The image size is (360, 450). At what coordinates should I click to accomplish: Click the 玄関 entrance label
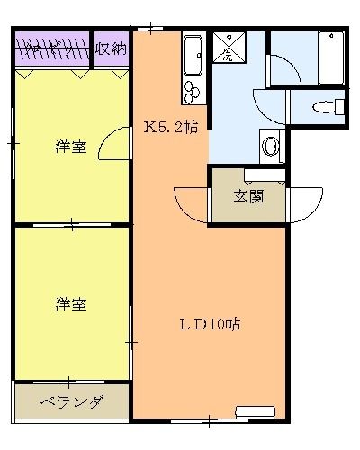click(248, 197)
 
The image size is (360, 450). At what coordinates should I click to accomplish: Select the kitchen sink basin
click(193, 55)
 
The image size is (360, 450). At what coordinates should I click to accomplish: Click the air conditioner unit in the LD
click(256, 412)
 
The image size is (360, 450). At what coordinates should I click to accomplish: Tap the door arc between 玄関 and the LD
click(191, 204)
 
